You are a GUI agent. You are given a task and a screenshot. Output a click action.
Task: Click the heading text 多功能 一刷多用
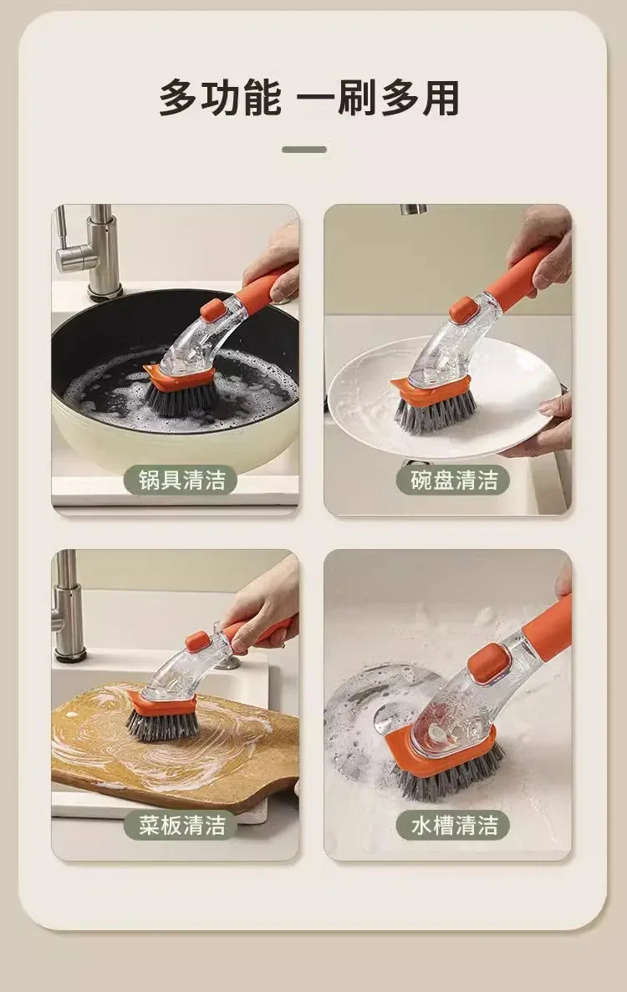click(309, 98)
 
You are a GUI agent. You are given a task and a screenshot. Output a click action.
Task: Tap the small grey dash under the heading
click(303, 150)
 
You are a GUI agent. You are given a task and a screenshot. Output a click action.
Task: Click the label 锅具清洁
click(181, 481)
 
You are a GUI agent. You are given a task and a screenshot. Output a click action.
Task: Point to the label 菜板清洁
click(181, 826)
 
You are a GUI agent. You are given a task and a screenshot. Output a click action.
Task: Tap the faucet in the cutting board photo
click(67, 606)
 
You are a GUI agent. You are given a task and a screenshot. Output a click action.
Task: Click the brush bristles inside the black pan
click(180, 399)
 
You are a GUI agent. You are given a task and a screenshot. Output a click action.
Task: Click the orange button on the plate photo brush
click(462, 309)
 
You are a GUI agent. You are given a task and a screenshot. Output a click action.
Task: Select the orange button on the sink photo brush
click(489, 662)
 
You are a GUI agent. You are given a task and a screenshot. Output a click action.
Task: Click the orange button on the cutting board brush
click(197, 641)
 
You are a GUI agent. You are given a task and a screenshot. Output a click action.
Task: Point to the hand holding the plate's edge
click(548, 426)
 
